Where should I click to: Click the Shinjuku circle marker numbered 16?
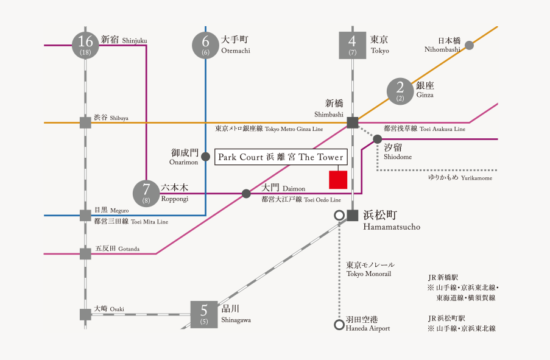[x=85, y=44]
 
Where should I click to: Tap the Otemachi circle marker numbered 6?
[x=205, y=44]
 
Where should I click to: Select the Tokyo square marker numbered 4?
[x=352, y=44]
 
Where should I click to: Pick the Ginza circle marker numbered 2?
[x=400, y=91]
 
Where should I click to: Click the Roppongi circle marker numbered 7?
[x=146, y=193]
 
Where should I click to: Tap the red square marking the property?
[x=338, y=180]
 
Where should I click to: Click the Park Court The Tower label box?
[x=280, y=157]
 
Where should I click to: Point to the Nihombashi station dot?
[x=469, y=45]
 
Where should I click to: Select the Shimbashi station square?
[x=352, y=122]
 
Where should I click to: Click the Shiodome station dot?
[x=378, y=139]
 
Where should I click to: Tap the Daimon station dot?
[x=246, y=194]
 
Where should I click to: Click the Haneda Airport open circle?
[x=339, y=325]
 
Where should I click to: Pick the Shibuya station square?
[x=85, y=122]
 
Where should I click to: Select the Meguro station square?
[x=85, y=215]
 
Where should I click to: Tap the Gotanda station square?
[x=85, y=253]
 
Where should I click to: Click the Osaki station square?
[x=85, y=314]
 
